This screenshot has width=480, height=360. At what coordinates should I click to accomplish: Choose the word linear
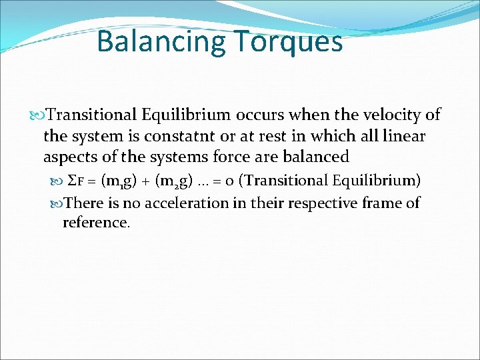point(403,136)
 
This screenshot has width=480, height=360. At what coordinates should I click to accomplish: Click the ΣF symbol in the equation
point(77,181)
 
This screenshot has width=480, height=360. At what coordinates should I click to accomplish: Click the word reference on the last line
point(95,222)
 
